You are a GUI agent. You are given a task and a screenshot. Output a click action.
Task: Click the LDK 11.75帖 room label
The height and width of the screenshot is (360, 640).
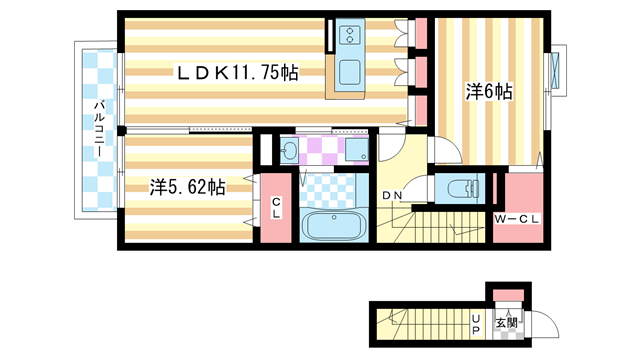237,73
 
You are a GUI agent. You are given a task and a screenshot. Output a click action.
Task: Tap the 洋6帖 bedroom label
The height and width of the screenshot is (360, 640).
488,92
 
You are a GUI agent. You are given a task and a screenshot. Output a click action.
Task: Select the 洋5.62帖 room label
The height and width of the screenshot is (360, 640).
186,187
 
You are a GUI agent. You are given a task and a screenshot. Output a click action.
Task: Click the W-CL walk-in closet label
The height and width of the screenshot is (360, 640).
517,218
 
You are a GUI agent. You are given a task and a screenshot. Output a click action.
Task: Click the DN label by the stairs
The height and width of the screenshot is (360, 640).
393,195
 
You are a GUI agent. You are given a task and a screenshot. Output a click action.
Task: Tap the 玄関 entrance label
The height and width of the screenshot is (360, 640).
507,323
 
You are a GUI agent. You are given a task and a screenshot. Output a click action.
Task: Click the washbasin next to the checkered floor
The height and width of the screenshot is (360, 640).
290,152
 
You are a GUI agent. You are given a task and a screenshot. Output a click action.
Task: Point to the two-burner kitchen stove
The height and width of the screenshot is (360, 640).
350,35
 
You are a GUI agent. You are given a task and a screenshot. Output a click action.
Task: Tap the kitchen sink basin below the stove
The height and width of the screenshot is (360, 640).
350,73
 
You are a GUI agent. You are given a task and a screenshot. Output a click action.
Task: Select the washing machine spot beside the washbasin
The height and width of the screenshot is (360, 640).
356,152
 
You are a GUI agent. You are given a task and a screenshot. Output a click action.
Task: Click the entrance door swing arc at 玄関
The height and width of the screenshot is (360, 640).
539,325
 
